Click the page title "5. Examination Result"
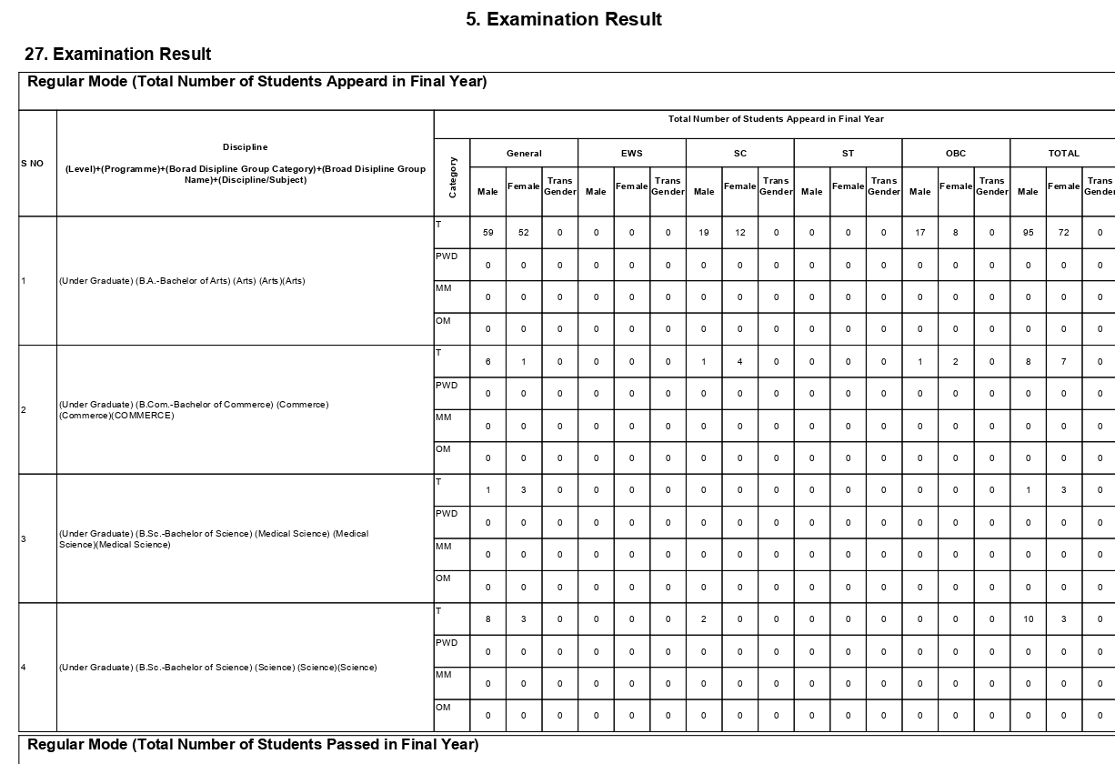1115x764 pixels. [x=564, y=19]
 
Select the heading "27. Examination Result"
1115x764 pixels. [x=118, y=55]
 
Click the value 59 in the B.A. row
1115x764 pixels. [x=488, y=233]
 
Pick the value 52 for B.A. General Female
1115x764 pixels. [x=524, y=233]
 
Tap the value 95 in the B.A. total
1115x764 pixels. [x=1028, y=233]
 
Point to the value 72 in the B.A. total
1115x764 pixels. [x=1064, y=233]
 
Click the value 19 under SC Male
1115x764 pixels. [x=704, y=233]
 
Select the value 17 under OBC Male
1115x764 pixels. [x=920, y=233]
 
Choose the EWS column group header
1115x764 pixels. [x=631, y=154]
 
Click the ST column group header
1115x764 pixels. [x=848, y=154]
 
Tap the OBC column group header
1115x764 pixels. [x=956, y=154]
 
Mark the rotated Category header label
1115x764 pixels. [x=453, y=177]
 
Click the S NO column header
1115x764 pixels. [x=32, y=164]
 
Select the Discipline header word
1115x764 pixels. [x=246, y=147]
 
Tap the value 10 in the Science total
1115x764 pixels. [x=1028, y=619]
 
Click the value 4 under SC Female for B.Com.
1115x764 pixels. [x=740, y=362]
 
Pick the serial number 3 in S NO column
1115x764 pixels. [x=24, y=539]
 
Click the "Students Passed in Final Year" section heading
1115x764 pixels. [x=253, y=745]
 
